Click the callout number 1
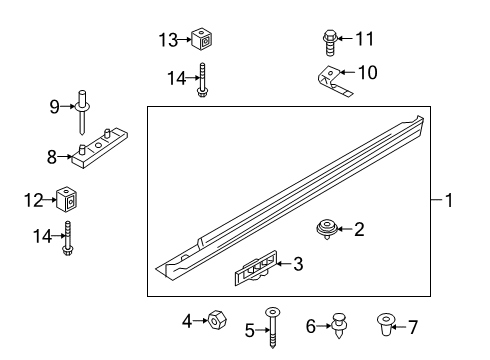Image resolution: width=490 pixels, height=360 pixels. [449, 201]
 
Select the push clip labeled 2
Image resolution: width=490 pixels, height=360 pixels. [324, 229]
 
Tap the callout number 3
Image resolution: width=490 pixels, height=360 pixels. [297, 264]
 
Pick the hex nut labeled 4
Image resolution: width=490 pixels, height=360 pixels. [214, 320]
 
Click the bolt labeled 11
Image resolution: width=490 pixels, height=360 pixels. [331, 40]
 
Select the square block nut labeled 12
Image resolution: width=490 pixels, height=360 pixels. [68, 199]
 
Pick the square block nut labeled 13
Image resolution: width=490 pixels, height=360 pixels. [205, 41]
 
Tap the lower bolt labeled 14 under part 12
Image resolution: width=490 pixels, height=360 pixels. [69, 240]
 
